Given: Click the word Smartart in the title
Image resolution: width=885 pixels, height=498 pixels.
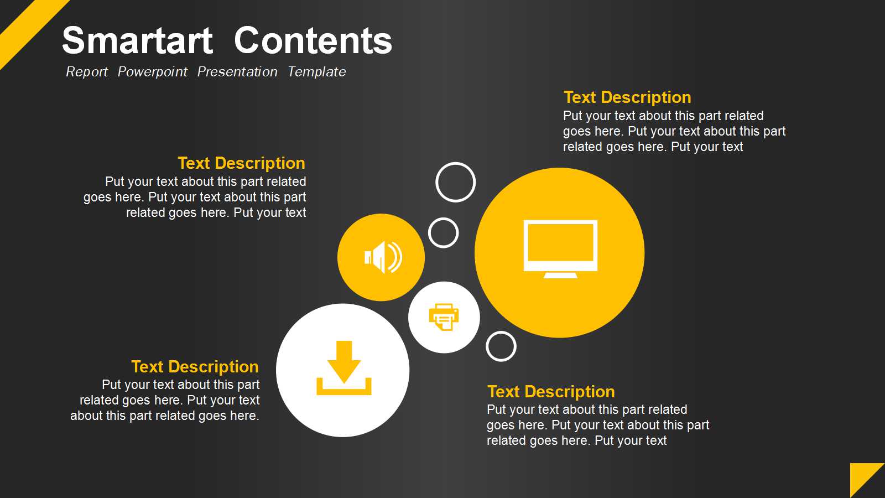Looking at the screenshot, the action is pyautogui.click(x=138, y=40).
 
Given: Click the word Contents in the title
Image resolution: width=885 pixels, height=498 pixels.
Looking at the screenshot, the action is pyautogui.click(x=313, y=40).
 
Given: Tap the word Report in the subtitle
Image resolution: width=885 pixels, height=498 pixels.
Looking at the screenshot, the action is pyautogui.click(x=86, y=72).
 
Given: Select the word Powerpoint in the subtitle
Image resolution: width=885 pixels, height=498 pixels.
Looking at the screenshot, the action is pyautogui.click(x=153, y=72).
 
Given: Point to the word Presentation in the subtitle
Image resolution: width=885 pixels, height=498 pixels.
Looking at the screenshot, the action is pyautogui.click(x=237, y=72).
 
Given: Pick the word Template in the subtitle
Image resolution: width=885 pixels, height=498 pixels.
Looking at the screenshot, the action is pyautogui.click(x=316, y=72).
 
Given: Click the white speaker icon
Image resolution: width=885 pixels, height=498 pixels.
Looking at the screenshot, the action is pyautogui.click(x=383, y=257).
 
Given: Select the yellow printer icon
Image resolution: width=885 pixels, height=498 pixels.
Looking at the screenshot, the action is pyautogui.click(x=444, y=317).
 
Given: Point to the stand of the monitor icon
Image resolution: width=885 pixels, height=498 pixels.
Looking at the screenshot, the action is pyautogui.click(x=560, y=275).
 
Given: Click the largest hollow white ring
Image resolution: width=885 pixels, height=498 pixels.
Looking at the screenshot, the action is pyautogui.click(x=456, y=164).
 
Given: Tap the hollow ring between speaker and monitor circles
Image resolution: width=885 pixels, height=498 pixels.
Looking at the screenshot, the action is pyautogui.click(x=443, y=219).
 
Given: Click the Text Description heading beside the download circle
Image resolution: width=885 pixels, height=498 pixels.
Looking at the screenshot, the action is pyautogui.click(x=195, y=367).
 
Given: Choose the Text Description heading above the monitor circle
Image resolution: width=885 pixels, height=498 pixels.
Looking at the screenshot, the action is pyautogui.click(x=627, y=97).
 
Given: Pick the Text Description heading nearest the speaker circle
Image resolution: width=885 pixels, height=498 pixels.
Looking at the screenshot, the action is pyautogui.click(x=241, y=163).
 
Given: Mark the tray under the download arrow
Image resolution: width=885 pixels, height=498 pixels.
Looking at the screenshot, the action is pyautogui.click(x=343, y=391).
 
